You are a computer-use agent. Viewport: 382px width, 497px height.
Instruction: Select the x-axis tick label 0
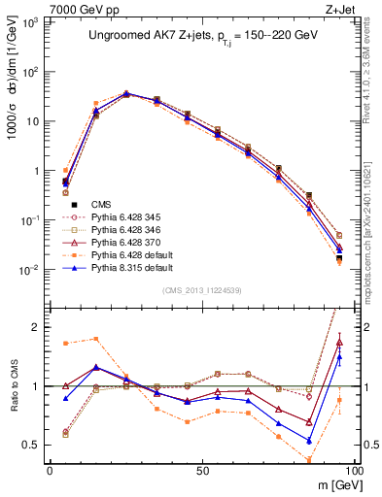50,469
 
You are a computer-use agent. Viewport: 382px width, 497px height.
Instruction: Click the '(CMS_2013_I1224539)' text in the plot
201,290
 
